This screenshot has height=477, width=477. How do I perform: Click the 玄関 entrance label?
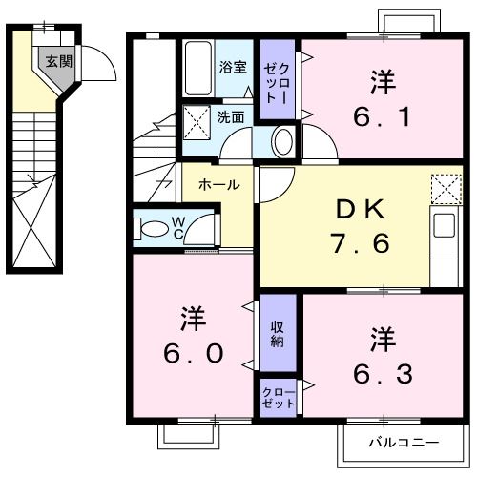click(52, 63)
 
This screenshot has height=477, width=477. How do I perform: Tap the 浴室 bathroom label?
click(233, 67)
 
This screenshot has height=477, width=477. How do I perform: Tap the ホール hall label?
click(219, 184)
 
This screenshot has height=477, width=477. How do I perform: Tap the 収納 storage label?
click(278, 334)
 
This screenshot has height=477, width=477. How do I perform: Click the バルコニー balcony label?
click(404, 444)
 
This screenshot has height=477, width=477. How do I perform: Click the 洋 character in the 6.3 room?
click(384, 337)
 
